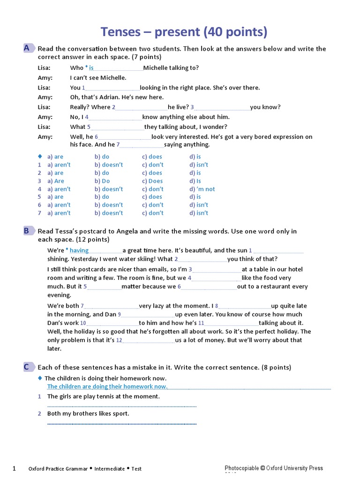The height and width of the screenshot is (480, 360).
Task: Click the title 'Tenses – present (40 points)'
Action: (x=184, y=32)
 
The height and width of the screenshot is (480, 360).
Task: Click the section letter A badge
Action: (x=27, y=48)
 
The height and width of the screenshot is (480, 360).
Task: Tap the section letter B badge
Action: (x=27, y=230)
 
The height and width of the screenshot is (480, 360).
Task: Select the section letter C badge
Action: (x=27, y=367)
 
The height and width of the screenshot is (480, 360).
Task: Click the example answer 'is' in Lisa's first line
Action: (x=91, y=68)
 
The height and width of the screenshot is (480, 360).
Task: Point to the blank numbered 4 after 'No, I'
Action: (x=115, y=117)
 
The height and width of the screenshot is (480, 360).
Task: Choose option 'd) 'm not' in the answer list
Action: (x=202, y=189)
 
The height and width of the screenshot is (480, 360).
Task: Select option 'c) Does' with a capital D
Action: (x=152, y=181)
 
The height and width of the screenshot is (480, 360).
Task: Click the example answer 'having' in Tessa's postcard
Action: (x=79, y=250)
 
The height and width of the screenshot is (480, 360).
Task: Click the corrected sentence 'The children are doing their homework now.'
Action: (x=107, y=387)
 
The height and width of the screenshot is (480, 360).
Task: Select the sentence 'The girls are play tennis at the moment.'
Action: (x=104, y=397)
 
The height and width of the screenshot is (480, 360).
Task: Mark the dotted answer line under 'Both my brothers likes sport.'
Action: (x=122, y=423)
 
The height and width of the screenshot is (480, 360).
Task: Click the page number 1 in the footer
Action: (x=14, y=468)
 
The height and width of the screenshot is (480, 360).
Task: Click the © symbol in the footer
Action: (x=263, y=468)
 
